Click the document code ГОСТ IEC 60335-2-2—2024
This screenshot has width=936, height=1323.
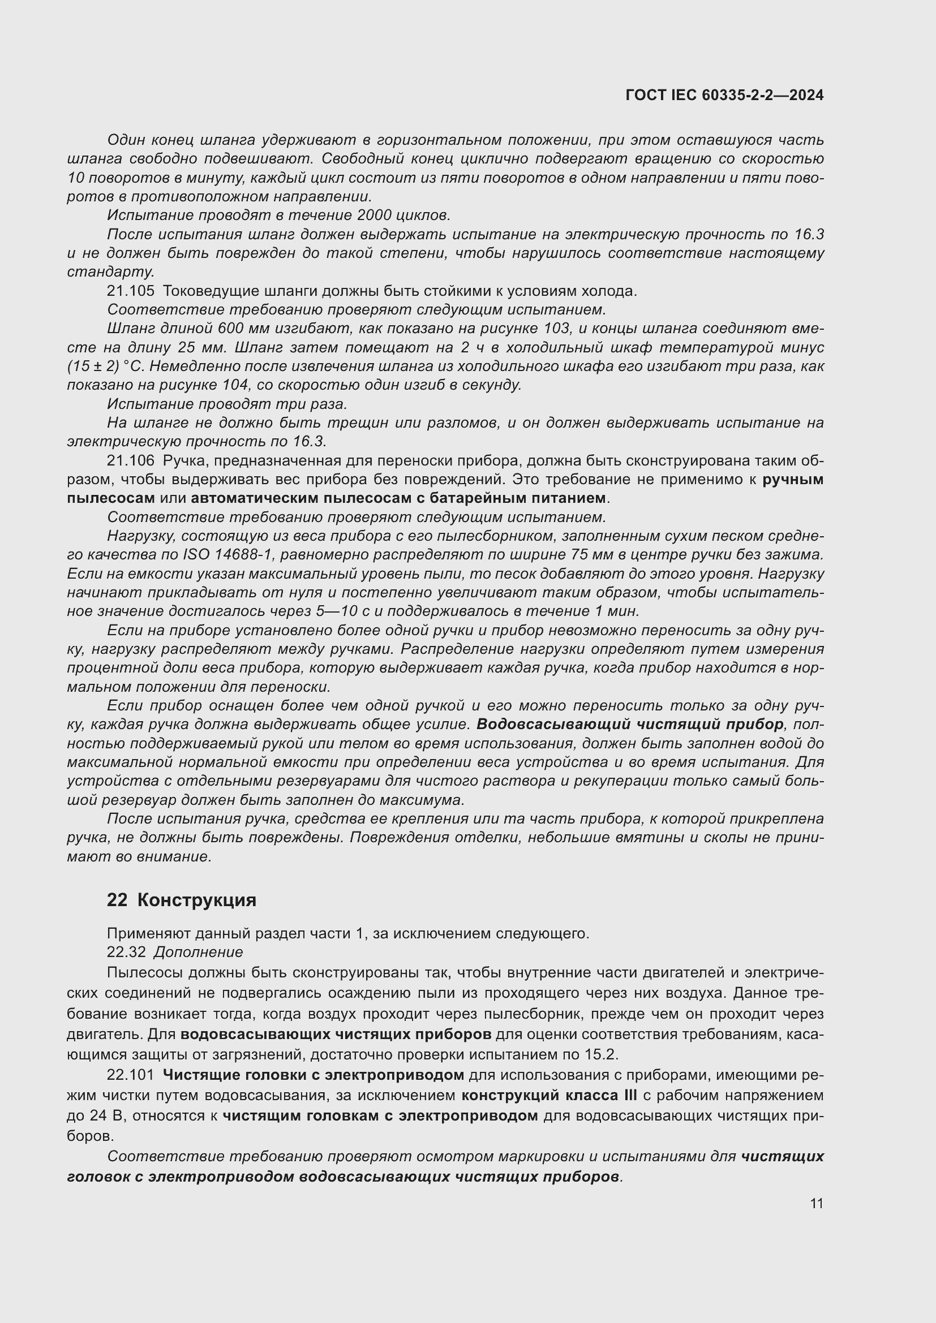click(724, 95)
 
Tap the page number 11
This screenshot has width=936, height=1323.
click(816, 1203)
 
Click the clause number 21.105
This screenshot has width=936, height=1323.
click(131, 291)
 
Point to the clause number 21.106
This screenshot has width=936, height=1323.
click(131, 460)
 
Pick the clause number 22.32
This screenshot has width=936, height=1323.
click(126, 951)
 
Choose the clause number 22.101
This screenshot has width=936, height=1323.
click(131, 1075)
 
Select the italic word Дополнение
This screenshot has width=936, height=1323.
click(198, 951)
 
